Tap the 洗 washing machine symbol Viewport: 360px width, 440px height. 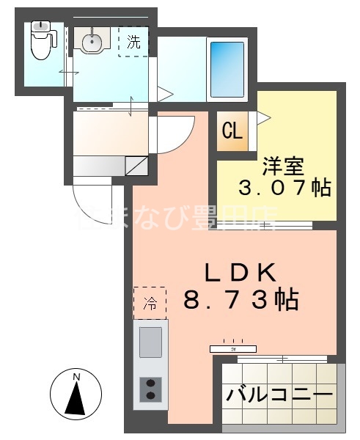[133, 41]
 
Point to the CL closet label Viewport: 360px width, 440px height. [232, 133]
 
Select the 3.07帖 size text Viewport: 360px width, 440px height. [284, 188]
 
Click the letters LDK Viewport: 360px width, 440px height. [239, 274]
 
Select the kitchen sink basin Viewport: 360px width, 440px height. [151, 340]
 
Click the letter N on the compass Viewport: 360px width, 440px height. [76, 378]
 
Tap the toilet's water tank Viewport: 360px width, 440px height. [40, 28]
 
